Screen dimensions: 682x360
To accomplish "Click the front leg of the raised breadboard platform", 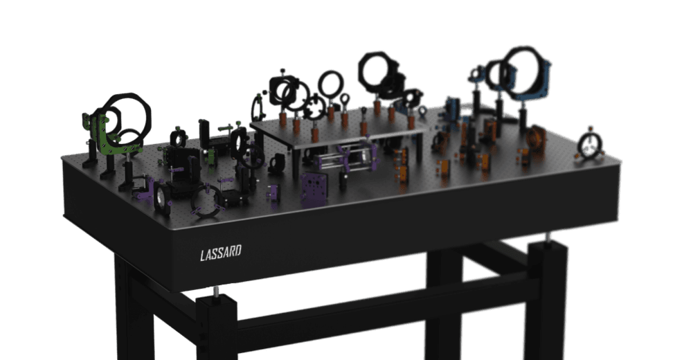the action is coord(296,163).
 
